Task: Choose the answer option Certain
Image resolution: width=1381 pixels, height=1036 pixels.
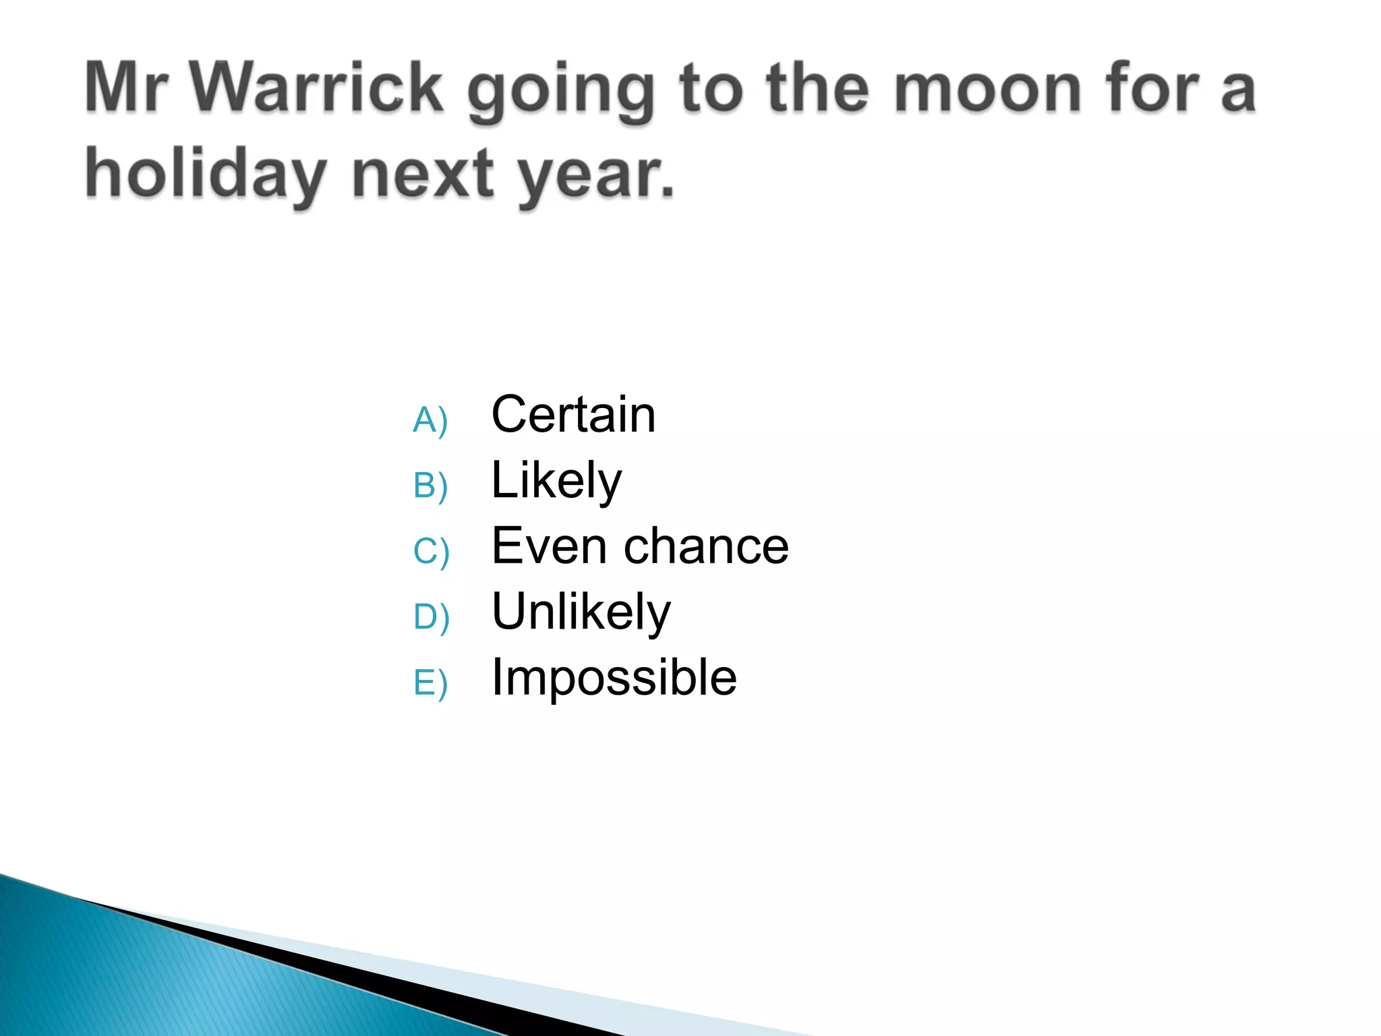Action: click(573, 414)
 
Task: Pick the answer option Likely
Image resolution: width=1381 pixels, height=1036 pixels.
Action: click(556, 480)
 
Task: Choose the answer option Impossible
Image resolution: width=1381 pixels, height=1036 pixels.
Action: click(614, 677)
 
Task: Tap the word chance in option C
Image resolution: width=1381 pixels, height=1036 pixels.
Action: click(706, 546)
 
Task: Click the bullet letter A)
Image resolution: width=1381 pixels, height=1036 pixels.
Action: click(430, 420)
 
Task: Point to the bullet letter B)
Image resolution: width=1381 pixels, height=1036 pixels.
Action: click(430, 486)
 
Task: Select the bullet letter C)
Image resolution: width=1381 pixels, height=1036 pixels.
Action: click(431, 551)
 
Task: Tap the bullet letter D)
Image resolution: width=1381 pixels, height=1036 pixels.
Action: click(431, 616)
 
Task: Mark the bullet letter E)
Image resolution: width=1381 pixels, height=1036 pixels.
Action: click(430, 683)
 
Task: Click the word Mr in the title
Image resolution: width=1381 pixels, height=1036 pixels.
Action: click(126, 88)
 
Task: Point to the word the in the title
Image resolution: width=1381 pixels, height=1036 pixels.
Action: click(817, 88)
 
